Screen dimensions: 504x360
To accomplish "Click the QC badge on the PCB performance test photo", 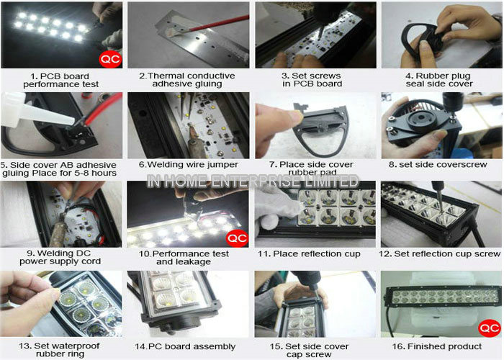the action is pos(110,60).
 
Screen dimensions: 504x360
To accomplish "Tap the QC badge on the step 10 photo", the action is pos(237,238).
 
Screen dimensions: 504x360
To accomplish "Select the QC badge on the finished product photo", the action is pos(489,328).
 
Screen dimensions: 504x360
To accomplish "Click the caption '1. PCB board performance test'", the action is pos(60,81).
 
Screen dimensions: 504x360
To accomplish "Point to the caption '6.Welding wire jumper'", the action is pos(189,165).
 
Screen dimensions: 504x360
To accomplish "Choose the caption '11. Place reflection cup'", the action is pos(309,254).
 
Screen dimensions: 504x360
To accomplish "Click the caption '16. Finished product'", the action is pos(437,346).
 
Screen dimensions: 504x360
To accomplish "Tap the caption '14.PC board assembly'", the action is pos(185,347).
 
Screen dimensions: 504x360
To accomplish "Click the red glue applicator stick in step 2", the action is pos(219,24).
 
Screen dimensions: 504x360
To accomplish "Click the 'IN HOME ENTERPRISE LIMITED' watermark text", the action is pos(252,181).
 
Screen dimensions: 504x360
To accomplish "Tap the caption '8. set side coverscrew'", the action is pos(438,165).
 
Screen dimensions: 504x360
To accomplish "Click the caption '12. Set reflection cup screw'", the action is pos(440,254).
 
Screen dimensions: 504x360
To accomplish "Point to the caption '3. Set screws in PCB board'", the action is pos(312,80).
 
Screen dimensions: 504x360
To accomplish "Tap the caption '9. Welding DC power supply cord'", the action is pos(60,257).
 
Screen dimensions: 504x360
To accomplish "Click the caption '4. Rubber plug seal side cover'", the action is pos(439,80).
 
